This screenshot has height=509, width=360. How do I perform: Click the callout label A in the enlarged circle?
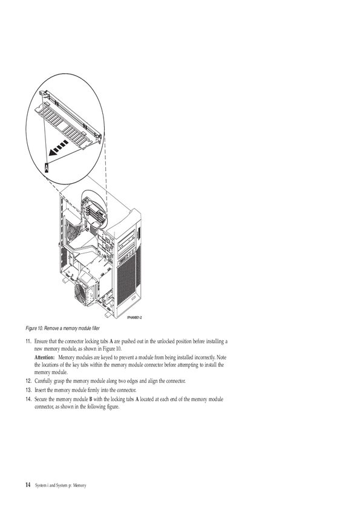coord(47,167)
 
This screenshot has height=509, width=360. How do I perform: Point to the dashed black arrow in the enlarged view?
coord(58,148)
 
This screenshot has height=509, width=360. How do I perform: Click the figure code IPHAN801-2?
coord(134,317)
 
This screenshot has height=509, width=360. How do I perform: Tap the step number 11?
coord(28,342)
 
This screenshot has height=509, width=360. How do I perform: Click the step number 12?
coord(28,381)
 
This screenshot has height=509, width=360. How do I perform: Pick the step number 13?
coord(28,390)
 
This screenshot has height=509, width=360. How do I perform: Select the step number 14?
coord(28,399)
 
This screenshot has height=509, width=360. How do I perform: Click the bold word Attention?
coord(45,357)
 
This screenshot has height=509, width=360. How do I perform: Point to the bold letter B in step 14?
coord(91,399)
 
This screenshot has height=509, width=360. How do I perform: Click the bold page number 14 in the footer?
coord(28,485)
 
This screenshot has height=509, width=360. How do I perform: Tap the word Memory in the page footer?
coord(80,485)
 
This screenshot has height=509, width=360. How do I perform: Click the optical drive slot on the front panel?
coord(127,241)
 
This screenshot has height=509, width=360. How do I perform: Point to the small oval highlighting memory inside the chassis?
coord(94,210)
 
